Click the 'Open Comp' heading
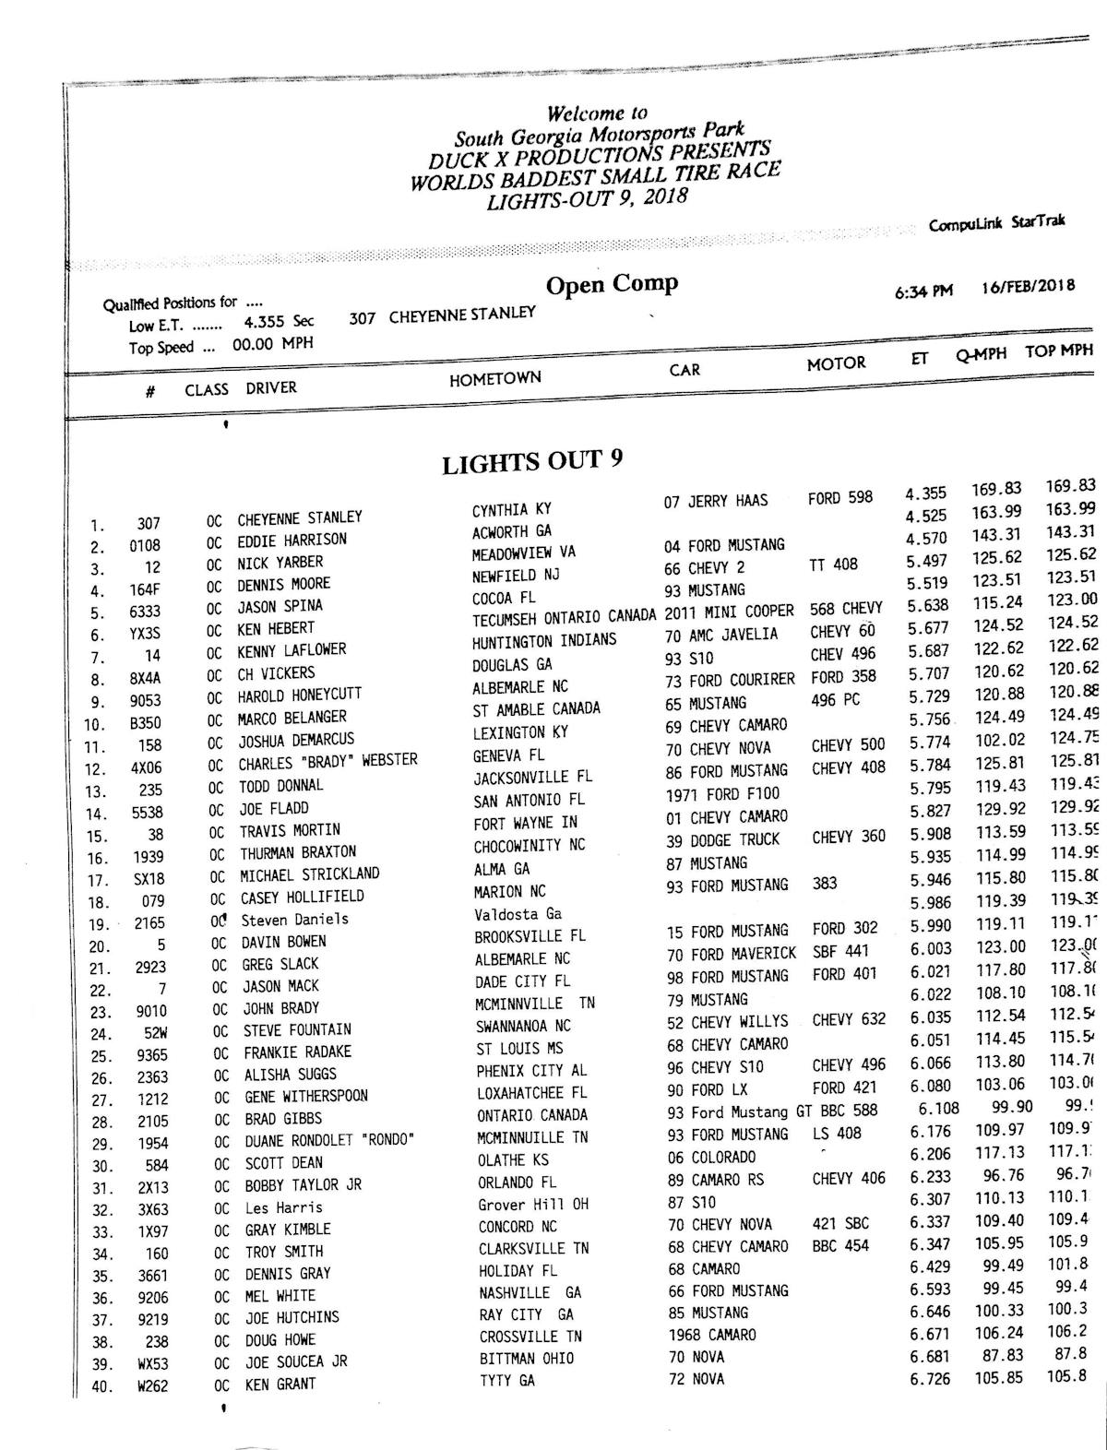tap(612, 285)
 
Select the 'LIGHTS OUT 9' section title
tap(532, 461)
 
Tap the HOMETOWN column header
tap(495, 378)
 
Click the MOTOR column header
tap(836, 363)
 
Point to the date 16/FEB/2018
tap(1028, 286)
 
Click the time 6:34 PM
tap(922, 291)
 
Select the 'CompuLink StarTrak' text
tap(996, 224)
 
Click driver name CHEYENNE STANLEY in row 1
tap(300, 518)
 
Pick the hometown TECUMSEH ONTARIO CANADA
tap(565, 618)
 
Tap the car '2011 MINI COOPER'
tap(729, 612)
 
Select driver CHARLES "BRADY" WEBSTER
tap(327, 762)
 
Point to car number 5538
tap(147, 813)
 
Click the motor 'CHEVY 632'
tap(849, 1019)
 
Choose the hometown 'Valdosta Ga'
tap(518, 914)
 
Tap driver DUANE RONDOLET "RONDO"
tap(328, 1140)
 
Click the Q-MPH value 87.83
tap(997, 1356)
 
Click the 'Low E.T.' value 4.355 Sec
tap(279, 322)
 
